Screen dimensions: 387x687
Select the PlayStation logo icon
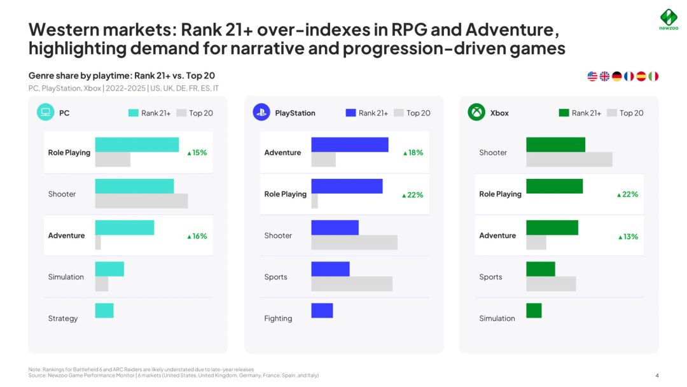click(x=261, y=113)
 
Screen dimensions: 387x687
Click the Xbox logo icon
click(x=476, y=113)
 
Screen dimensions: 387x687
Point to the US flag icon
click(x=592, y=76)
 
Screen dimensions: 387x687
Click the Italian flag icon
click(x=653, y=76)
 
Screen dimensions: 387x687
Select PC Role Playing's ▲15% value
click(x=197, y=153)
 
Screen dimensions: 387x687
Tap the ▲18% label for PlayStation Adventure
click(x=413, y=153)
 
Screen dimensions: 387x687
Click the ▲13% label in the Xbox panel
click(x=628, y=237)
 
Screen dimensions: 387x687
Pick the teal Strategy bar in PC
click(x=104, y=311)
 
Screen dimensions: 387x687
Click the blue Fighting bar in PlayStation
click(x=322, y=311)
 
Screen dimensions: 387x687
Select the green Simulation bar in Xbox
click(x=534, y=311)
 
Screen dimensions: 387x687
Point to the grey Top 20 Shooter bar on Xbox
click(x=569, y=160)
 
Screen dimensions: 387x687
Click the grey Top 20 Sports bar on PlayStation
click(x=352, y=284)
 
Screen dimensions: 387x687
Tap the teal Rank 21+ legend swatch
click(x=134, y=113)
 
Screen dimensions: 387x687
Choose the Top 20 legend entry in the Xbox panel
click(x=625, y=113)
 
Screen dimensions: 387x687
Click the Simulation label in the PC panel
click(x=66, y=277)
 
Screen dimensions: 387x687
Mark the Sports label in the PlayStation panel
click(x=275, y=277)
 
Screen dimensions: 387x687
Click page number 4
click(x=656, y=375)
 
